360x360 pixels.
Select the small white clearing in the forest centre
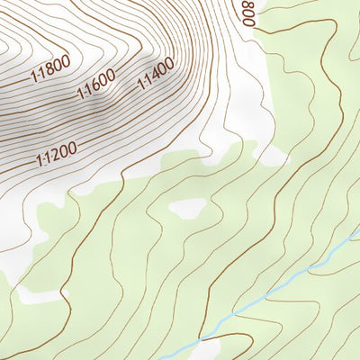click(186, 208)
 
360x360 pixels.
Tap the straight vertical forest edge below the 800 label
click(267, 90)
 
